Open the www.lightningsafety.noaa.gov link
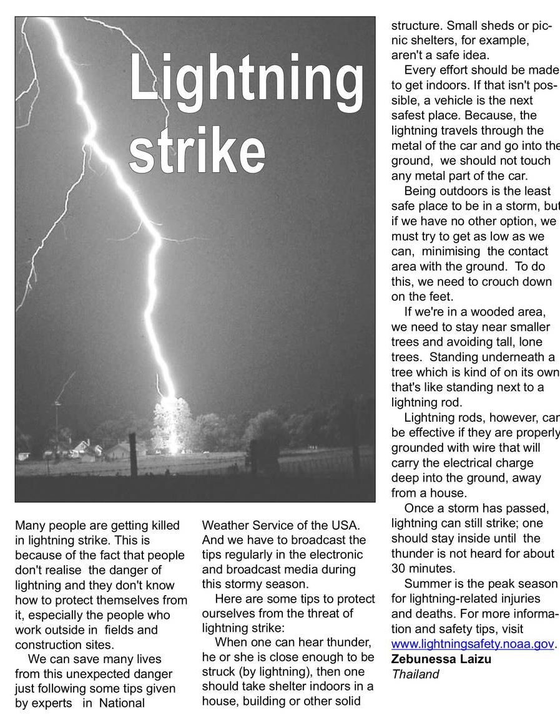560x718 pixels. [x=473, y=644]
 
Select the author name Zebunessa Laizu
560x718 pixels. [x=441, y=659]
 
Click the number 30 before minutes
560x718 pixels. [x=399, y=568]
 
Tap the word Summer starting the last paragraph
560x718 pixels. [x=426, y=583]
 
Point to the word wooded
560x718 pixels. [x=488, y=312]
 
